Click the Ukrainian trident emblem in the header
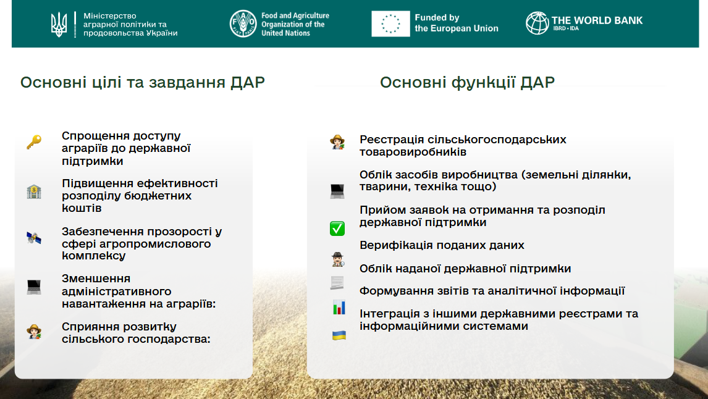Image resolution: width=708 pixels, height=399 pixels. coord(59,24)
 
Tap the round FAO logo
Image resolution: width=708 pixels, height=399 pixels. coord(243,23)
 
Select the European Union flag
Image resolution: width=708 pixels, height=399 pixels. coord(390,23)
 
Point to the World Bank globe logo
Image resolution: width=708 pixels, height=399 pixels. coord(537,23)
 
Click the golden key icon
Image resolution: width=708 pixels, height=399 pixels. coord(34,142)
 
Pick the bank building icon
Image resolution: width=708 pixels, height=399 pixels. coord(34,192)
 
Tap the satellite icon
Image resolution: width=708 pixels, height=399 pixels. coord(34,237)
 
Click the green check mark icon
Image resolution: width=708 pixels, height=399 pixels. coord(337,229)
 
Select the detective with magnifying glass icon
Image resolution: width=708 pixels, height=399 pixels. coord(337,259)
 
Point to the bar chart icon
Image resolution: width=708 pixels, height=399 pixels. coord(339,308)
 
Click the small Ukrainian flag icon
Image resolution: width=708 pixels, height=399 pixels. coord(339,335)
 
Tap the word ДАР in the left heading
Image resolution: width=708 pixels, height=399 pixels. coord(248,83)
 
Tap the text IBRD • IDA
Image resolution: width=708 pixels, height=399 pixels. coord(566,28)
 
